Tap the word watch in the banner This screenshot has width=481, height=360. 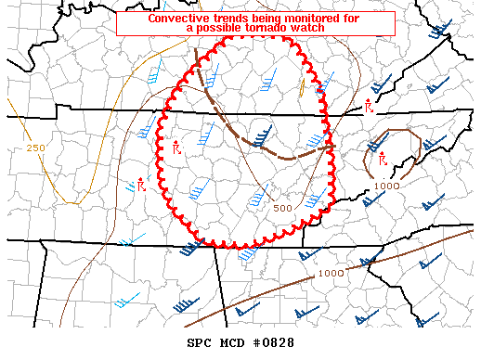point(309,29)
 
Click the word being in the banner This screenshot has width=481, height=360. point(264,18)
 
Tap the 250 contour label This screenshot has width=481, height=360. point(35,148)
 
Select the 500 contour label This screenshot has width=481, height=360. point(283,208)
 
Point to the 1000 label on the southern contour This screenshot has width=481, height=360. point(331,273)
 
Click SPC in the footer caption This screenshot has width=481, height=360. point(200,342)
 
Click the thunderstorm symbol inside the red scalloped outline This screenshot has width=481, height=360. point(175,147)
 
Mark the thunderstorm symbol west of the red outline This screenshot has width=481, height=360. point(140,184)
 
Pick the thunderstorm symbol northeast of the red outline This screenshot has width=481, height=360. point(368,105)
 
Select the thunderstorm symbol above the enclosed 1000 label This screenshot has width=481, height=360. point(383,161)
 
